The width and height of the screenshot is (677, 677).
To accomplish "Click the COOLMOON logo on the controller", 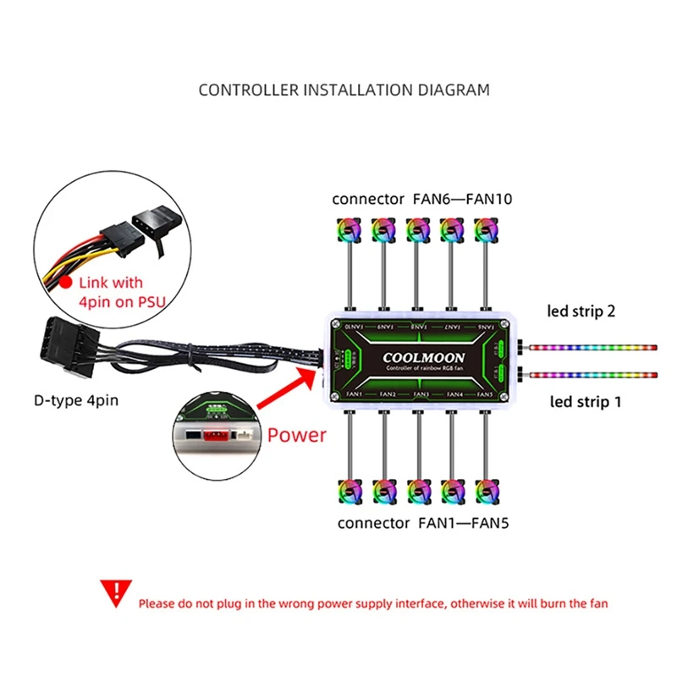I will click(x=421, y=356).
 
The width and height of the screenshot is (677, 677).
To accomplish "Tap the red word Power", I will click(x=296, y=435).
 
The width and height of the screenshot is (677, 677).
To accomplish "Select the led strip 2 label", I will click(x=584, y=311).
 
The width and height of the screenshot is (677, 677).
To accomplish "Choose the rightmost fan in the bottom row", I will click(x=486, y=492).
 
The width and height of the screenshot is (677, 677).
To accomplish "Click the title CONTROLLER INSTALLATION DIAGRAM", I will click(x=344, y=89).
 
